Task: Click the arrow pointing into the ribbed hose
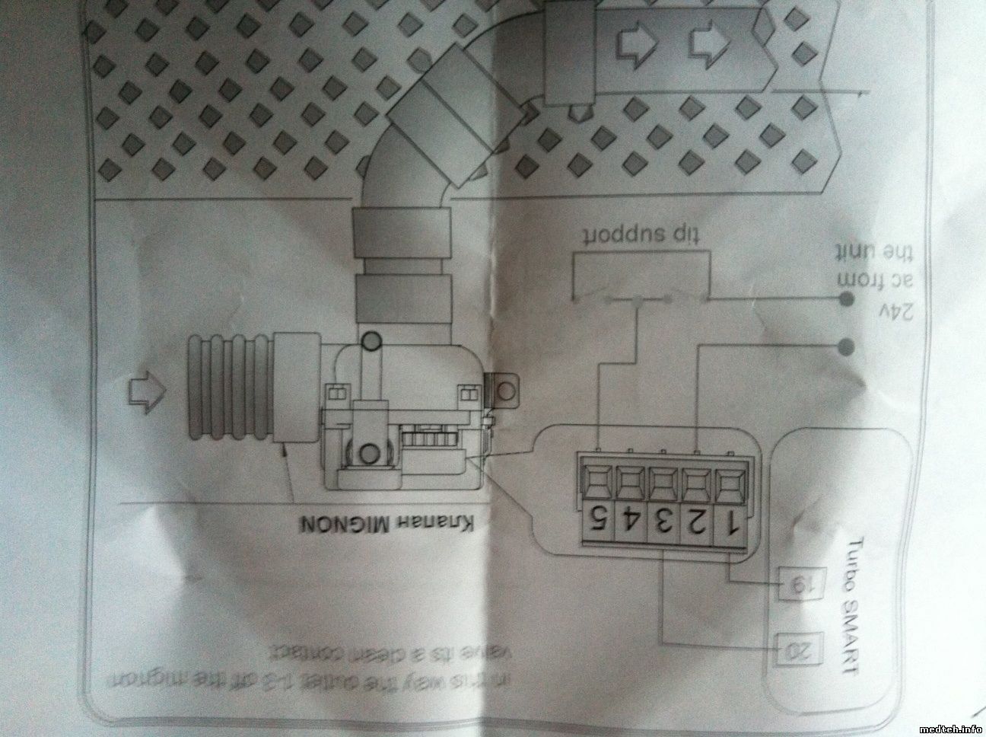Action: tap(147, 391)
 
